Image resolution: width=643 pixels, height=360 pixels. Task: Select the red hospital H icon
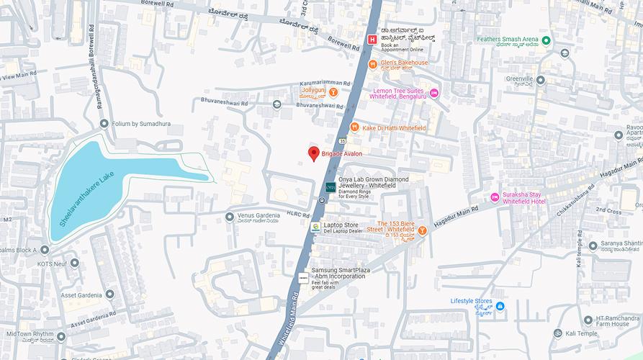(x=372, y=40)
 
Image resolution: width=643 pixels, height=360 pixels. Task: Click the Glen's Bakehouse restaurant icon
(x=372, y=63)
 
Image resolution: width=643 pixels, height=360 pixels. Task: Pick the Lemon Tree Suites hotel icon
(x=434, y=92)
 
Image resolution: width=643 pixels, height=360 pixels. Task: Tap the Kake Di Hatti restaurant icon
(x=354, y=127)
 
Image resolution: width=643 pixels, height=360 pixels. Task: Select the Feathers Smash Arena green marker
(x=546, y=40)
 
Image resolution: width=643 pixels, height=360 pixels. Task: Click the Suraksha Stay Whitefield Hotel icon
(x=495, y=197)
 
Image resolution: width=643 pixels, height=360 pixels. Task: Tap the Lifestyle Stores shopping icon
(x=500, y=307)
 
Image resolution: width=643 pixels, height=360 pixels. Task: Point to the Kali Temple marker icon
(x=557, y=333)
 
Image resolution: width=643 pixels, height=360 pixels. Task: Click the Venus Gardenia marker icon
(x=230, y=217)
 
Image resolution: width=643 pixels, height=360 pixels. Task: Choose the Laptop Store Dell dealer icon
(x=315, y=227)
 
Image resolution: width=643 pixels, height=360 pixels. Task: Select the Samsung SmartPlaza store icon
(x=303, y=275)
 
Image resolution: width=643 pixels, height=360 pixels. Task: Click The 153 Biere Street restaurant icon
(x=423, y=230)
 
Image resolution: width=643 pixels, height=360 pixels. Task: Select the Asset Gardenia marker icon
(x=109, y=294)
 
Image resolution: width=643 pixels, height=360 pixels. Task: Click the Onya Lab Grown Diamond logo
(x=330, y=186)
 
